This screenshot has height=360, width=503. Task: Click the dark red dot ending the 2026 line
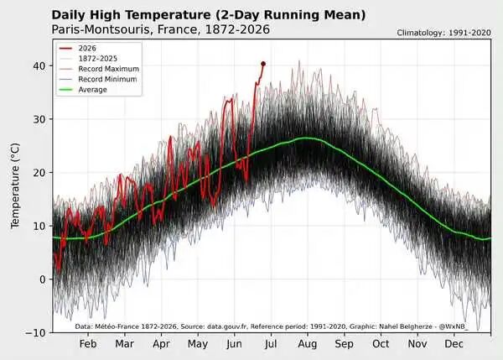[x=263, y=64]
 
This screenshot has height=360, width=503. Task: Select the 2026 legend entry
[x=78, y=48]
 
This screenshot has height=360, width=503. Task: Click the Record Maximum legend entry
[x=99, y=69]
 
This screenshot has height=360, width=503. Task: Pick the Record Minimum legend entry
[x=98, y=80]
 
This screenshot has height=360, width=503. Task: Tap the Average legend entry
[x=83, y=90]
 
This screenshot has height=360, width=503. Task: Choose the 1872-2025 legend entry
[x=88, y=59]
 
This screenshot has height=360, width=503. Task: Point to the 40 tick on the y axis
[x=39, y=65]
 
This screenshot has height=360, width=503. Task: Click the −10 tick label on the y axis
[x=35, y=333]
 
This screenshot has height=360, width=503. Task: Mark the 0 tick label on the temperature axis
[x=43, y=279]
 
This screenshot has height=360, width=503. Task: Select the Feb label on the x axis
[x=88, y=344]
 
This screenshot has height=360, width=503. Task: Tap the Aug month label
[x=308, y=344]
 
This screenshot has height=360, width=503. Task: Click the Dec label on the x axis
[x=454, y=344]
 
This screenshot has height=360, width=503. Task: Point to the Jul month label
[x=271, y=344]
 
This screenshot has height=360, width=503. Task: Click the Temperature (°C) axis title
[x=15, y=185]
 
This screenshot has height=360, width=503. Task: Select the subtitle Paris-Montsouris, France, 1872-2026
[x=161, y=29]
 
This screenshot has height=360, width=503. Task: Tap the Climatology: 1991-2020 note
[x=443, y=33]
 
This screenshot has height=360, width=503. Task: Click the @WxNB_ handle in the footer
[x=454, y=326]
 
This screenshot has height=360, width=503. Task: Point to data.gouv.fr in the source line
[x=227, y=326]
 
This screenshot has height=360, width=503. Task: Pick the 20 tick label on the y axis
[x=39, y=173]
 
